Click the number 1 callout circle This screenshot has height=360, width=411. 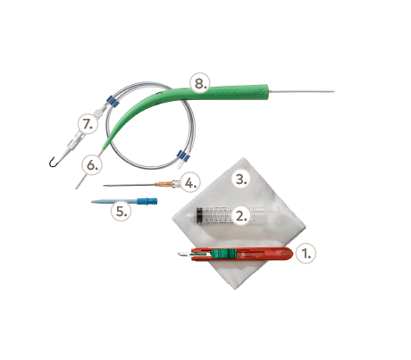[306, 254]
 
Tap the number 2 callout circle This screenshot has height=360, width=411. [240, 215]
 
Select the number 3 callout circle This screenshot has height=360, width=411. [240, 180]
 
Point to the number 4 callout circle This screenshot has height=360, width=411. [190, 182]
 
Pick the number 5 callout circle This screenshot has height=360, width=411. [121, 211]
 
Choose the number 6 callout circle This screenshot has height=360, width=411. [92, 165]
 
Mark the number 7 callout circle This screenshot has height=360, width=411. [88, 123]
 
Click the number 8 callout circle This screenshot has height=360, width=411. [200, 83]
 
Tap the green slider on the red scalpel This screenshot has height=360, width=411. [223, 254]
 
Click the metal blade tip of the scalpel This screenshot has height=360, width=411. [179, 254]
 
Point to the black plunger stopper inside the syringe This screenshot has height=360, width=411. [198, 215]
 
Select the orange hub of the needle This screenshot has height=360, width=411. [164, 184]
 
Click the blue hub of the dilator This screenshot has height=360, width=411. [147, 201]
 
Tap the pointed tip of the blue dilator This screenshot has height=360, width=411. [92, 202]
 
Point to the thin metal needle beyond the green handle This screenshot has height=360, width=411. [301, 91]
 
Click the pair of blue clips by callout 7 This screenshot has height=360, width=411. [113, 101]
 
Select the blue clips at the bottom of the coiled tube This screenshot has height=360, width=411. [183, 155]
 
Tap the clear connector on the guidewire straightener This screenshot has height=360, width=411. [75, 141]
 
